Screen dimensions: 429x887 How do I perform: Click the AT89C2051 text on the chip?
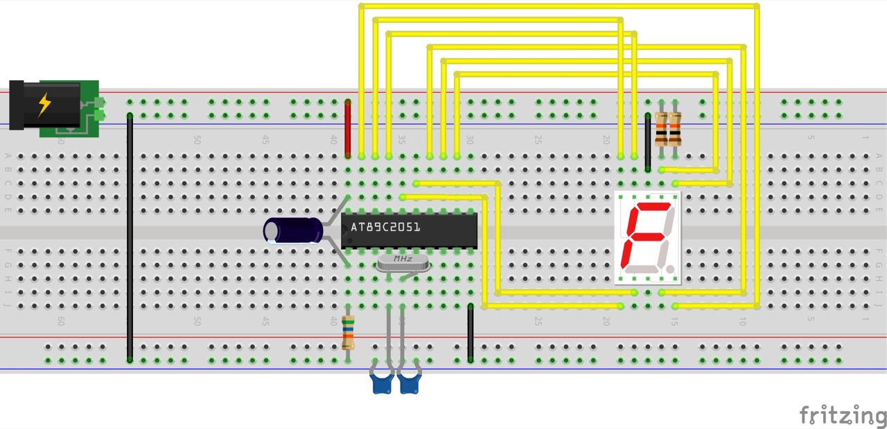click(x=385, y=227)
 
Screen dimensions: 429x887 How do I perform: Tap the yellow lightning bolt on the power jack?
click(x=44, y=104)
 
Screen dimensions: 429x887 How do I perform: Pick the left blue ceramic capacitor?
click(x=382, y=381)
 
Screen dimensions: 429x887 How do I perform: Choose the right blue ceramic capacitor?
click(x=410, y=381)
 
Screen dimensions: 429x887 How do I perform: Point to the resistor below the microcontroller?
click(x=348, y=333)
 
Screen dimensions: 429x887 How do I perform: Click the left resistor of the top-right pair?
click(x=661, y=128)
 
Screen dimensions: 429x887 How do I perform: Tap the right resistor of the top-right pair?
click(x=675, y=128)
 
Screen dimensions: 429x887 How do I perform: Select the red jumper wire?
click(x=348, y=128)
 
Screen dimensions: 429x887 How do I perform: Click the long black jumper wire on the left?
click(x=130, y=235)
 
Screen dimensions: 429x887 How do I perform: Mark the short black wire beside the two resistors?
click(x=648, y=142)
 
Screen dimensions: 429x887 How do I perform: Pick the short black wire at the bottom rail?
click(x=471, y=332)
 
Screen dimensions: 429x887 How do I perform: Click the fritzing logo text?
click(x=843, y=415)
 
